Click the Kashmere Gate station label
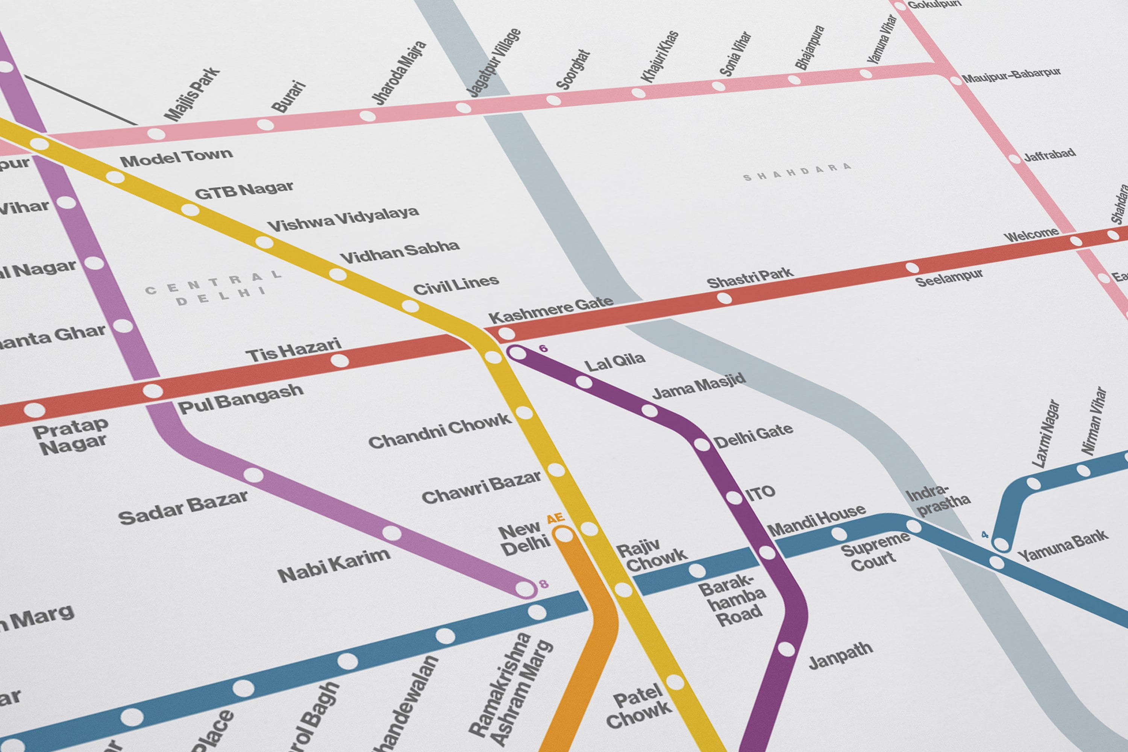point(550,309)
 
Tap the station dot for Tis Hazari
point(340,360)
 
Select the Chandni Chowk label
point(439,431)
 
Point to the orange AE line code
point(556,519)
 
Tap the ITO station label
point(760,493)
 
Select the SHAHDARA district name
point(797,172)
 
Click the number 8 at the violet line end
point(543,584)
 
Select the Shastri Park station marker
point(724,298)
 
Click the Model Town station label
point(176,157)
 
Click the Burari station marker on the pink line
point(265,125)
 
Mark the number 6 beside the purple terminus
point(543,348)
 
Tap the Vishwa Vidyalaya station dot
point(264,242)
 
